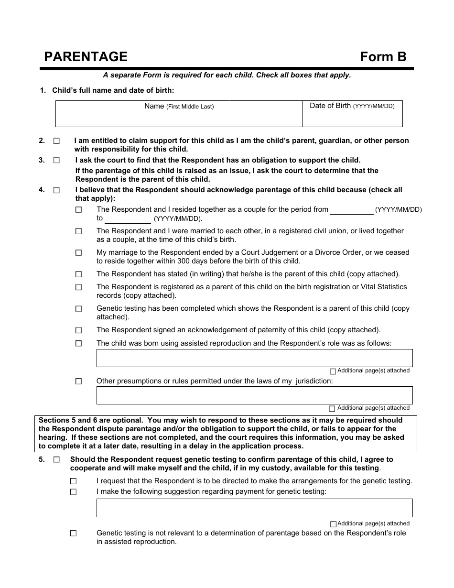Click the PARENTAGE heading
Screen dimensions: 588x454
click(x=86, y=57)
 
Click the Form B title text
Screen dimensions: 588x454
click(x=383, y=57)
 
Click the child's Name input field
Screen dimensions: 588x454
click(x=179, y=117)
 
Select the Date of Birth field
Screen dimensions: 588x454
click(x=352, y=117)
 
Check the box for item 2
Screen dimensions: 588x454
click(x=57, y=142)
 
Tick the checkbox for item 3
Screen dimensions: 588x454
click(x=57, y=161)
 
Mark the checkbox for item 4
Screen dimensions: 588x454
click(x=57, y=190)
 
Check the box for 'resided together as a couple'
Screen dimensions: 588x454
click(x=79, y=210)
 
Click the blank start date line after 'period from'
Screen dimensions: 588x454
click(x=352, y=210)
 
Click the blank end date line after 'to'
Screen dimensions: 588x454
click(x=128, y=219)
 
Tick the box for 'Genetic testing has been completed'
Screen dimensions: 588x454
click(x=79, y=309)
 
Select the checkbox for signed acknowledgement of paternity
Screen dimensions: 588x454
click(x=79, y=330)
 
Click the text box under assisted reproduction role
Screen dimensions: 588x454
click(x=254, y=358)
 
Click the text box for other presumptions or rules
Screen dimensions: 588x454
click(x=254, y=395)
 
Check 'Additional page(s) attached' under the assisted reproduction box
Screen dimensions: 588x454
click(x=333, y=371)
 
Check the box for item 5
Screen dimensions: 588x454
click(x=57, y=460)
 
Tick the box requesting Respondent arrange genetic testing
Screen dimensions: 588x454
click(x=73, y=481)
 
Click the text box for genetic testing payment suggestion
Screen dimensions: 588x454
click(x=254, y=508)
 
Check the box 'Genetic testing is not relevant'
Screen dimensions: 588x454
click(x=73, y=534)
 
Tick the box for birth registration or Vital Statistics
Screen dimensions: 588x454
click(x=79, y=287)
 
